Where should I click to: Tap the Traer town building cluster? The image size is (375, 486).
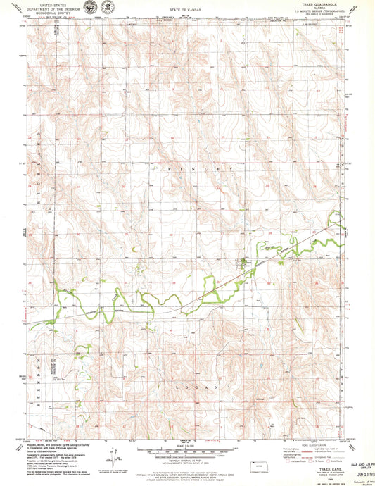(244, 266)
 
